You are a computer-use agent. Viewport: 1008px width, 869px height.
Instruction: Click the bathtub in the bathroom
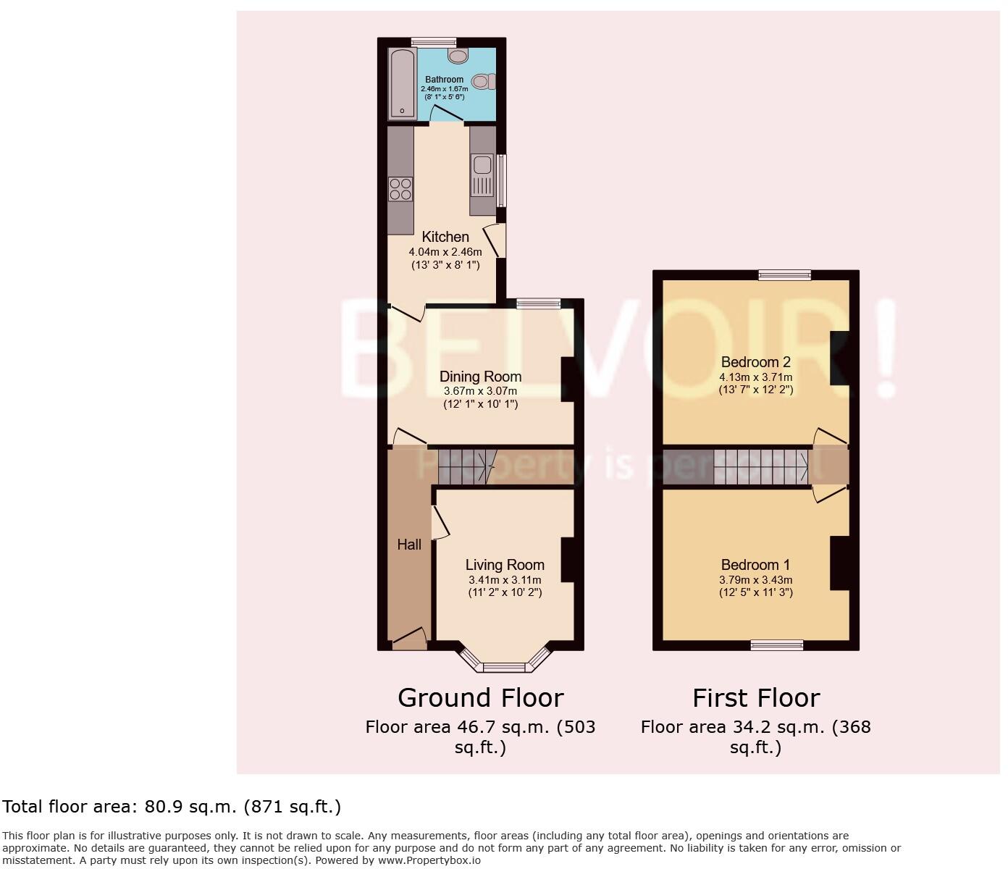[400, 83]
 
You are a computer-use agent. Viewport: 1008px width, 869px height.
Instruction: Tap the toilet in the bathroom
[484, 81]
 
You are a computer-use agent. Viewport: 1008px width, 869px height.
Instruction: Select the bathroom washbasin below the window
[458, 55]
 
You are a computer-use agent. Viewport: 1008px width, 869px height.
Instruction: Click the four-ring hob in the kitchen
[400, 189]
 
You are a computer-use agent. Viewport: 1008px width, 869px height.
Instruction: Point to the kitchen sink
[482, 177]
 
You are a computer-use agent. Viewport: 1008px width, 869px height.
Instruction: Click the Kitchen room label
[445, 237]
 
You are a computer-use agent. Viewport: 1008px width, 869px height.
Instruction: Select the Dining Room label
[480, 377]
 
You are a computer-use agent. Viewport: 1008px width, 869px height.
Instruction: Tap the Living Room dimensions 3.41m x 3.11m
[505, 580]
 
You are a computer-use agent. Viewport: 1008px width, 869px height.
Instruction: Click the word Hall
[409, 545]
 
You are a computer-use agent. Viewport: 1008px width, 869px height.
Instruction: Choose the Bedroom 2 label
[755, 362]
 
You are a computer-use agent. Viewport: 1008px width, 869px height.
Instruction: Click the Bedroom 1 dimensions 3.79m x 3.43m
[755, 580]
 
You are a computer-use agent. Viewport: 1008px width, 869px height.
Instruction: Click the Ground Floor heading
[480, 698]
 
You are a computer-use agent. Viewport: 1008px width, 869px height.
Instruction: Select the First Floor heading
[755, 698]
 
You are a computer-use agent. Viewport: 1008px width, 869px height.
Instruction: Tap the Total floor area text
[172, 807]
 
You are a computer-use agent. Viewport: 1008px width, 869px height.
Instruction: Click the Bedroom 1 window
[776, 645]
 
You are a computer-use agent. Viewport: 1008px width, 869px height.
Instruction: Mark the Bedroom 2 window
[785, 274]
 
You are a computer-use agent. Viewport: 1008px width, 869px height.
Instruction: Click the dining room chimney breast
[568, 379]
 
